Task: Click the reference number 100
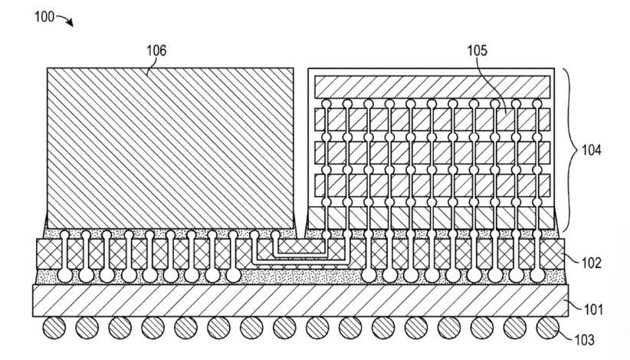pos(44,17)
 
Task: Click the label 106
pos(156,51)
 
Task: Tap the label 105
pos(477,51)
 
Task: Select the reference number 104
pos(592,150)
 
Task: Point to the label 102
pos(592,263)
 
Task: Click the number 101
pos(593,309)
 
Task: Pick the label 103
pos(584,340)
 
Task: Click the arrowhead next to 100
pos(70,23)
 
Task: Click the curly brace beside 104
pos(570,149)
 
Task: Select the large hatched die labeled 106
pos(170,148)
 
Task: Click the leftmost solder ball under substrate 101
pos(54,328)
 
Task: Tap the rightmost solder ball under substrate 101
pos(548,328)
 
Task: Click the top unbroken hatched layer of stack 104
pos(432,87)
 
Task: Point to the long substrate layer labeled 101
pos(300,300)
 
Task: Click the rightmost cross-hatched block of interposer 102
pos(553,254)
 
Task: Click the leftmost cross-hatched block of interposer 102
pos(49,254)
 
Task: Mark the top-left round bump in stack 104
pos(326,104)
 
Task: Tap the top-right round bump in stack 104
pos(537,104)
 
